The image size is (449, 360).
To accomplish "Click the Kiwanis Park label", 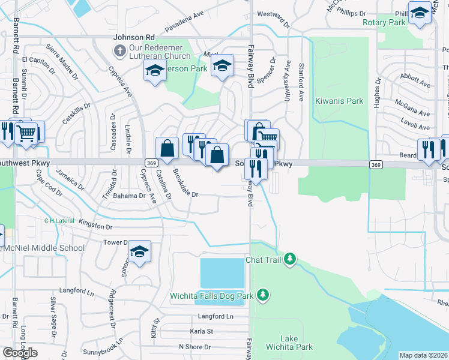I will [x=339, y=101].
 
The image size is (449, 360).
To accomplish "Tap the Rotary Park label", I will [x=385, y=22].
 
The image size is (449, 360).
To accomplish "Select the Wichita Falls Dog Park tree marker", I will [x=262, y=294].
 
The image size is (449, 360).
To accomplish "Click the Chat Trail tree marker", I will [x=290, y=259].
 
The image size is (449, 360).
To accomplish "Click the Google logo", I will [x=20, y=353].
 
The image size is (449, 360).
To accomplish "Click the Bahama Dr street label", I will [x=129, y=196].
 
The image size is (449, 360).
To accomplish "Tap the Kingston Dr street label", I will [x=95, y=227].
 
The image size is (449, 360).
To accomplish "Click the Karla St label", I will [x=201, y=331].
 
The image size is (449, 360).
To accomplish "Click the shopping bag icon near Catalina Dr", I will [x=167, y=149].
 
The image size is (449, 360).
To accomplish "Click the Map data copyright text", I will [x=424, y=355].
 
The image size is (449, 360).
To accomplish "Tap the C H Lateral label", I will [x=58, y=221].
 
